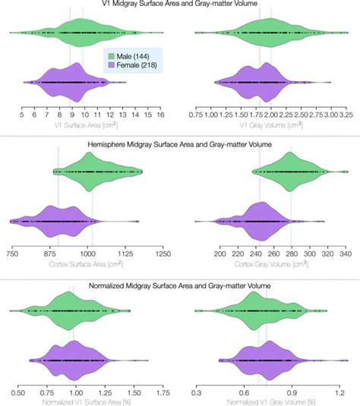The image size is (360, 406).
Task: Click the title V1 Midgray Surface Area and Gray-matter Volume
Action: [180, 5]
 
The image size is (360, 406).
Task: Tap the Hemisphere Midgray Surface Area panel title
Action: [180, 143]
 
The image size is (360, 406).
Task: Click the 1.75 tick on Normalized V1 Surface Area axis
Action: [162, 394]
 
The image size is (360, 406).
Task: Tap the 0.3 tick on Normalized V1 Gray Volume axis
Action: [197, 394]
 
